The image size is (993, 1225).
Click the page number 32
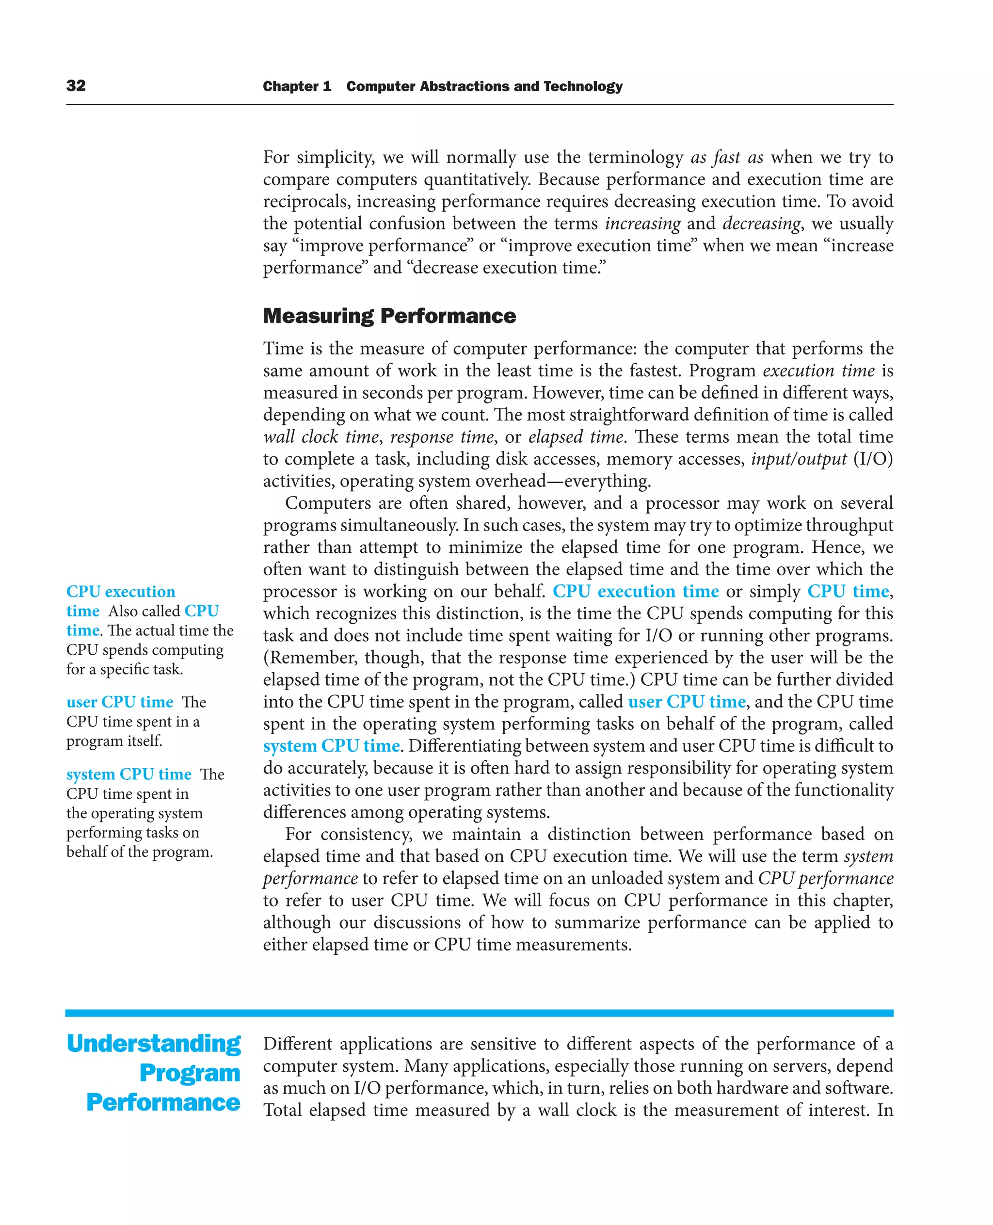click(x=76, y=86)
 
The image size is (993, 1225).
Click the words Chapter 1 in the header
click(x=296, y=86)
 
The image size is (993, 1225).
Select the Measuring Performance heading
click(x=389, y=316)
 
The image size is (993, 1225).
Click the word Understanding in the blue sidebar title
click(x=153, y=1044)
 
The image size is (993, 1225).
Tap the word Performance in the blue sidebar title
click(x=163, y=1102)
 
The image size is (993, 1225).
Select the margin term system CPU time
click(x=128, y=774)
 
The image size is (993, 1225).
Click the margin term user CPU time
click(x=120, y=702)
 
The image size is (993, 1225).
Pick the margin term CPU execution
click(x=121, y=592)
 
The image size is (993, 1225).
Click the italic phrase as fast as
click(x=726, y=157)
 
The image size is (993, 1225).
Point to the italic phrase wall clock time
click(x=321, y=437)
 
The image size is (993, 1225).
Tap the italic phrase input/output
click(x=799, y=459)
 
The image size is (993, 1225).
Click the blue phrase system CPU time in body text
click(x=331, y=745)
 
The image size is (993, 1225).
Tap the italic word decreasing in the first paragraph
click(x=761, y=224)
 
